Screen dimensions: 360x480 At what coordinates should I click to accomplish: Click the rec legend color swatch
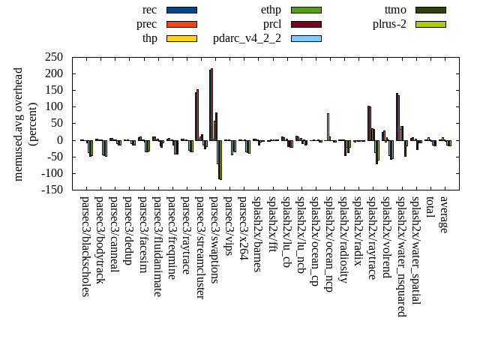tap(181, 10)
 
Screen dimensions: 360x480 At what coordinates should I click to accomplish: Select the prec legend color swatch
tap(181, 24)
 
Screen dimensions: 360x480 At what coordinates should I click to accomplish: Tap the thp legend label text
tap(150, 38)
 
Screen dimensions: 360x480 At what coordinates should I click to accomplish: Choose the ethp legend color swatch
tap(306, 10)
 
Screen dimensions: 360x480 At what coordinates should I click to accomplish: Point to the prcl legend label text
tap(271, 24)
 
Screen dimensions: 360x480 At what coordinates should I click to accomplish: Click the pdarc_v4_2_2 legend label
tap(247, 38)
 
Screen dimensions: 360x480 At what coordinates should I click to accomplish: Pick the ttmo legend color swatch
tap(430, 10)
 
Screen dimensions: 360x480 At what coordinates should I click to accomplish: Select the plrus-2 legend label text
tap(389, 24)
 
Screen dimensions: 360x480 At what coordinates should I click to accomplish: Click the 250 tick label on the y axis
tap(53, 57)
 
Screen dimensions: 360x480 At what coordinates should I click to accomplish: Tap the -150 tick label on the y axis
tap(52, 190)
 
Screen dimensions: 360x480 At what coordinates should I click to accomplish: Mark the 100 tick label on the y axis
tap(53, 107)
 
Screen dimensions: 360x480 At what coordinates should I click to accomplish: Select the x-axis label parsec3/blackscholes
tap(85, 247)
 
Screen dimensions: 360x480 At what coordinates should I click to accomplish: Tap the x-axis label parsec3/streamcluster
tap(200, 248)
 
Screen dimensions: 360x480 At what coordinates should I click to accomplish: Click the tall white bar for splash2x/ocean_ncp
tap(328, 126)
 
